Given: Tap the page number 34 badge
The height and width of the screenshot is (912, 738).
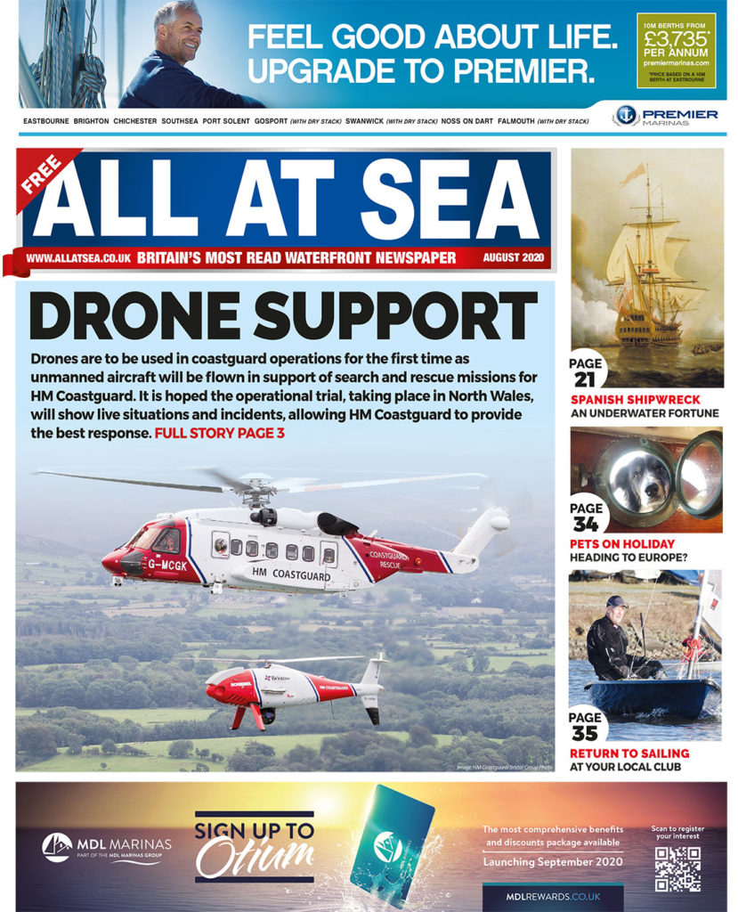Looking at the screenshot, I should pyautogui.click(x=586, y=517).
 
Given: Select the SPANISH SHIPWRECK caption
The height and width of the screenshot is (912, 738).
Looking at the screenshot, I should pyautogui.click(x=635, y=400).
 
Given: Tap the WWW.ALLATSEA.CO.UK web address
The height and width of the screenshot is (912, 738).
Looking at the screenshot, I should pyautogui.click(x=78, y=258).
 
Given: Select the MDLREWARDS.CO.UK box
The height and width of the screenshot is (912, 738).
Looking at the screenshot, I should pyautogui.click(x=552, y=896).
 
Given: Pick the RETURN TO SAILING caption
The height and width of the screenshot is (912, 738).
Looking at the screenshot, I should pyautogui.click(x=629, y=753).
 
